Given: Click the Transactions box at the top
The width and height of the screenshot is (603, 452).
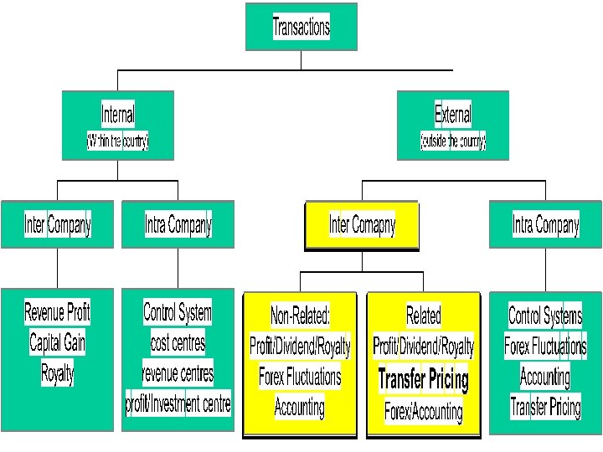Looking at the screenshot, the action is (301, 27).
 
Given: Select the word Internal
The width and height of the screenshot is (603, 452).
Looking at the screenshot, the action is (117, 114).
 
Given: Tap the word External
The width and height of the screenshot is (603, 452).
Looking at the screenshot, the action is (452, 114).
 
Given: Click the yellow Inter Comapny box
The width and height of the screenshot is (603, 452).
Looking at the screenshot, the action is (362, 225).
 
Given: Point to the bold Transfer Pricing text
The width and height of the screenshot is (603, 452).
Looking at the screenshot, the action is (423, 379).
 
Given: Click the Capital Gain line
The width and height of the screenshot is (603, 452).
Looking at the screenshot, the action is (57, 342).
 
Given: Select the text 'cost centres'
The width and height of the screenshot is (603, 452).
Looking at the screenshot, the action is (178, 342).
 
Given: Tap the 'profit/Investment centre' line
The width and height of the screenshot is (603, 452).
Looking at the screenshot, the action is (178, 405).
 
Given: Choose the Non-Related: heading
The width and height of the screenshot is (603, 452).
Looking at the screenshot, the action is (300, 316).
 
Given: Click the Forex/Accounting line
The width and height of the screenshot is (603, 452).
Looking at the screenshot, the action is (423, 411).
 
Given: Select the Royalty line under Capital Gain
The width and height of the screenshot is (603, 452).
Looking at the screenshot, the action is (57, 373).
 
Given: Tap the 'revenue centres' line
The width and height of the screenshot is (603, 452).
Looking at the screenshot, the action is (178, 373).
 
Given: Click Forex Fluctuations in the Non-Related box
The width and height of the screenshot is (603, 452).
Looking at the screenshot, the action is (300, 377).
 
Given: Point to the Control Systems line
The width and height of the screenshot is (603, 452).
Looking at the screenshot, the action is (545, 316).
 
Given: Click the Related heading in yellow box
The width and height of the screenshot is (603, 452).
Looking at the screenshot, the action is (423, 316).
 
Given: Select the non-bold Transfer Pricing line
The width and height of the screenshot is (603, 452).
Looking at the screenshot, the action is (545, 408).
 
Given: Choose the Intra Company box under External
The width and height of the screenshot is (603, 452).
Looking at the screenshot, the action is (545, 225).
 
